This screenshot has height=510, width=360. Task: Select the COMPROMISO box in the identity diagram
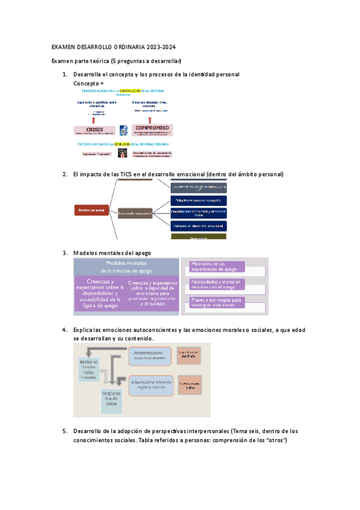pyautogui.click(x=153, y=129)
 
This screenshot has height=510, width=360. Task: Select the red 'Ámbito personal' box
pyautogui.click(x=91, y=210)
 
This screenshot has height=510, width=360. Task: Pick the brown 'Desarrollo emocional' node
pyautogui.click(x=135, y=213)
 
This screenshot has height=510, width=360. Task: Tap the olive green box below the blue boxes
pyautogui.click(x=199, y=237)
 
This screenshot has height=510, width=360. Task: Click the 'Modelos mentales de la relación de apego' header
pyautogui.click(x=126, y=267)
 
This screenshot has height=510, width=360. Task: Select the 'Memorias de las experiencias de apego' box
pyautogui.click(x=216, y=266)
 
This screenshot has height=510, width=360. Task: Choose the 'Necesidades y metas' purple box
pyautogui.click(x=216, y=284)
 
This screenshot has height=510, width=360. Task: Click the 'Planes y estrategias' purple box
pyautogui.click(x=216, y=302)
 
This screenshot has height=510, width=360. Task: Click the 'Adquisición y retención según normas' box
pyautogui.click(x=150, y=383)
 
